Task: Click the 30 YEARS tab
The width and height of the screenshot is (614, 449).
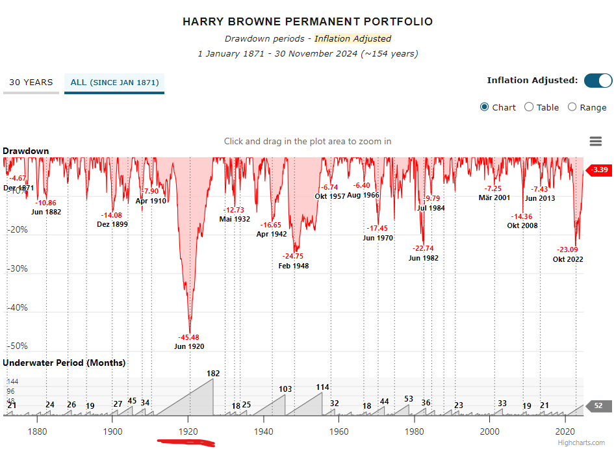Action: pos(31,83)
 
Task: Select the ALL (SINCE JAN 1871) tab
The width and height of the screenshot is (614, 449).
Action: pos(114,83)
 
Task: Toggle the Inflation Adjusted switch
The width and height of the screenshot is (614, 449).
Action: pos(598,81)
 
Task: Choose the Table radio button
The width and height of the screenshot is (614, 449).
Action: pos(529,107)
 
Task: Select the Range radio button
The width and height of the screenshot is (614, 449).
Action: pos(572,107)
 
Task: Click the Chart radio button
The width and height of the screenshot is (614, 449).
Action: pos(485,107)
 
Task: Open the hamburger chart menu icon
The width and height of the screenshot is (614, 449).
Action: pos(595,142)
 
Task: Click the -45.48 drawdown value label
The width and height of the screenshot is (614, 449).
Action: pos(189,337)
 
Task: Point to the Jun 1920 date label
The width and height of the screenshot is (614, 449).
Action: pos(189,346)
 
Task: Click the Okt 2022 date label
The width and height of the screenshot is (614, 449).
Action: pos(568,259)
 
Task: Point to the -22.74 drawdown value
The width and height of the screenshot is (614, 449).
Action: pos(423,248)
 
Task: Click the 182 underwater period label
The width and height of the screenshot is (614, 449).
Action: pos(213,374)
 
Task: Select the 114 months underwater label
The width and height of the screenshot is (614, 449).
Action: pos(323,387)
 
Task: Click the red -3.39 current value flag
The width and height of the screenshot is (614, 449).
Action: pos(599,170)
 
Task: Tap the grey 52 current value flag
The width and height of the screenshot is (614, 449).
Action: pos(598,405)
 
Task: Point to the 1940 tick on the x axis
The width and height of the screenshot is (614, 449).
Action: pos(263,431)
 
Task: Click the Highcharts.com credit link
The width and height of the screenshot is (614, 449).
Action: pos(586,443)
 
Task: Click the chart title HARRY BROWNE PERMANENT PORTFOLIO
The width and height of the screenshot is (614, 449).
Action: pos(307,21)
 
